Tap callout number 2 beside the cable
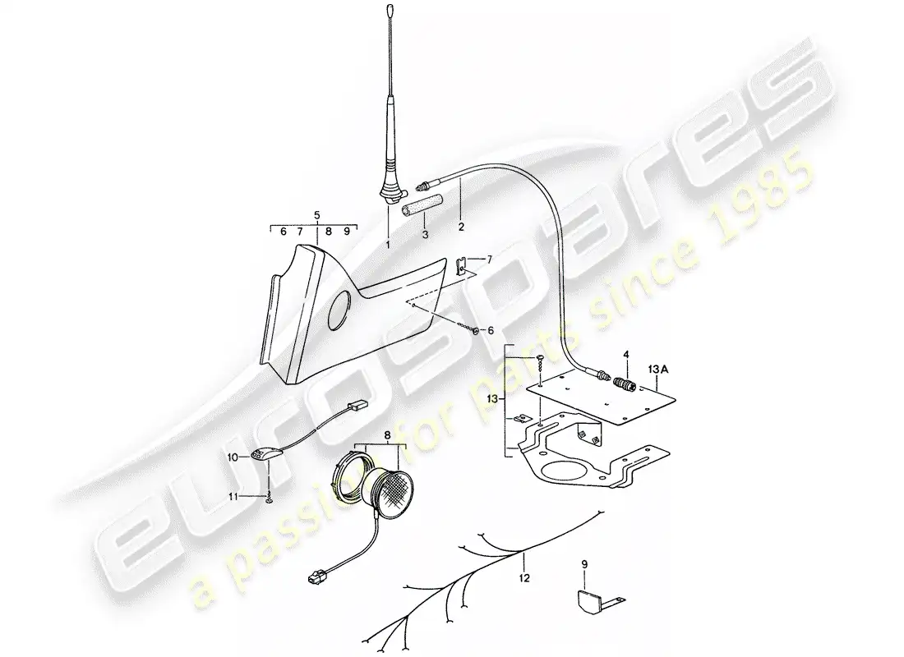point(461,226)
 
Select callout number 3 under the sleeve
point(425,234)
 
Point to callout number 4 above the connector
point(626,356)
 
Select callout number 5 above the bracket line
point(316,216)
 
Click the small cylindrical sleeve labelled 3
point(422,202)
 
